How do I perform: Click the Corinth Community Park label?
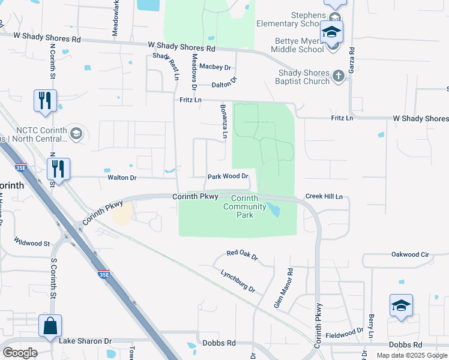click(x=244, y=206)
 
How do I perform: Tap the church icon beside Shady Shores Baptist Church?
click(x=338, y=75)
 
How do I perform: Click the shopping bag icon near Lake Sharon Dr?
click(x=50, y=326)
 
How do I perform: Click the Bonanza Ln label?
click(x=221, y=124)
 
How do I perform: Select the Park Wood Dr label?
click(x=228, y=176)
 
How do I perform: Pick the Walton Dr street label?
click(x=122, y=178)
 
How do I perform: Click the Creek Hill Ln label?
click(x=324, y=196)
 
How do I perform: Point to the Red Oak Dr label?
click(x=242, y=256)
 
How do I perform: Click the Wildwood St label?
click(x=33, y=243)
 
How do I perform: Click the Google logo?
click(x=20, y=353)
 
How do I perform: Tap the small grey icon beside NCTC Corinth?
click(x=76, y=133)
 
